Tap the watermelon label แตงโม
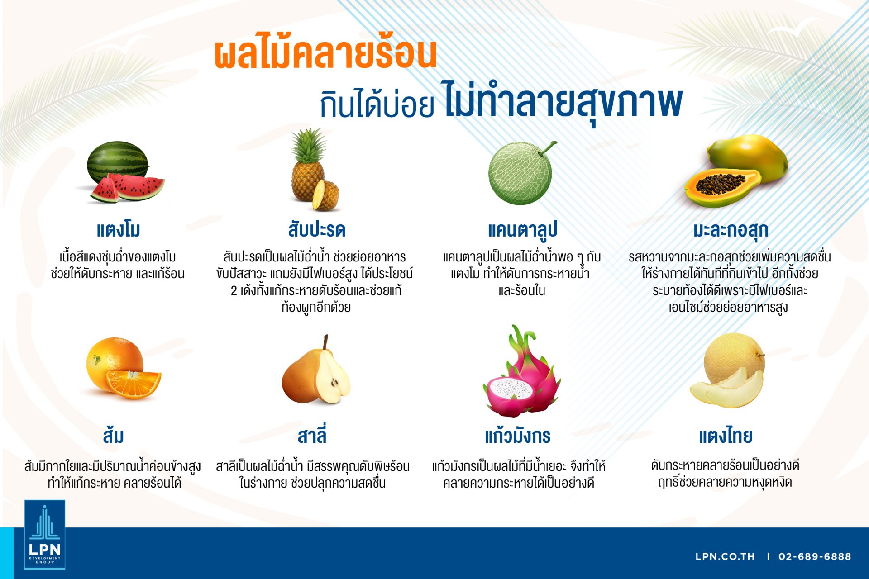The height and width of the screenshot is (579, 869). (119, 230)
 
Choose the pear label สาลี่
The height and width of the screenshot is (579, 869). (312, 434)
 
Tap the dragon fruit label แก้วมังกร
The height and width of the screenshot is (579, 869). (518, 435)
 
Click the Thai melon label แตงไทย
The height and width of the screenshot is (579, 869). (726, 436)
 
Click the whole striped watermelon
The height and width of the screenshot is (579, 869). (118, 161)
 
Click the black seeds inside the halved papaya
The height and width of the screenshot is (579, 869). (720, 183)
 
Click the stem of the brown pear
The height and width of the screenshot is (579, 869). (325, 342)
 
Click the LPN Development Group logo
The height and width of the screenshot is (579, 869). (45, 535)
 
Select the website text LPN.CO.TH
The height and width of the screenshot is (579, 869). (725, 556)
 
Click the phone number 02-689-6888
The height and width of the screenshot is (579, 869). (815, 556)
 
